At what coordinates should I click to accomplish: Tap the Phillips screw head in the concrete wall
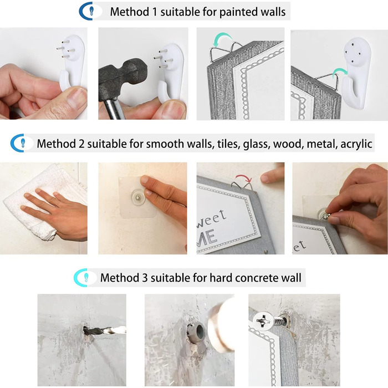click(263, 321)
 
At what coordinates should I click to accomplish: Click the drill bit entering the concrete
click(105, 330)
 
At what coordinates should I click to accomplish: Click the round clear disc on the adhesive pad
click(138, 197)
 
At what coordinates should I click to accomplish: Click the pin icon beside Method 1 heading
click(91, 11)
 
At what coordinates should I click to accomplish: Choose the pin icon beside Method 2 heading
click(23, 143)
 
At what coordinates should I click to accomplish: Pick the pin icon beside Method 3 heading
click(86, 277)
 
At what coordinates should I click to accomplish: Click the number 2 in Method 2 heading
click(81, 144)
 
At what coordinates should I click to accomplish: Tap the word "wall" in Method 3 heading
click(293, 277)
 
